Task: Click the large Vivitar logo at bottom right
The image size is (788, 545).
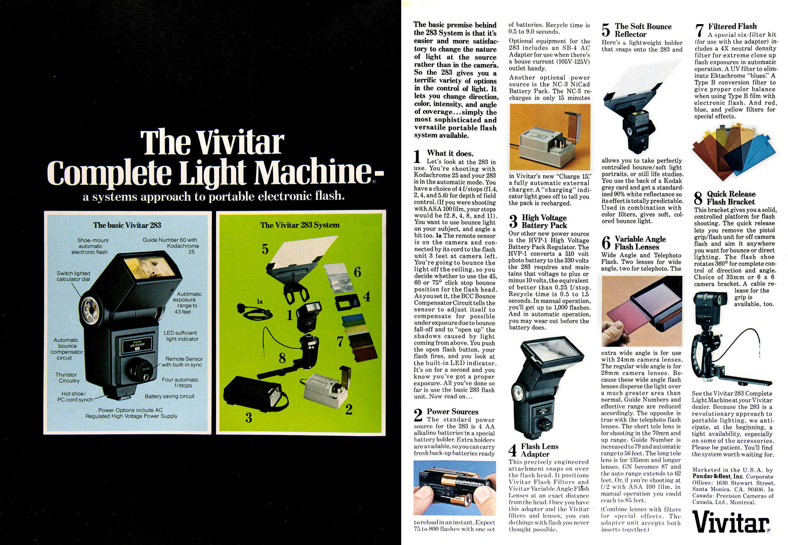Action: [731, 522]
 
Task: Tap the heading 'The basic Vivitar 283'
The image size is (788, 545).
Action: [127, 225]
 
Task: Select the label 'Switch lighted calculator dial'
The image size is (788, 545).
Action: [73, 276]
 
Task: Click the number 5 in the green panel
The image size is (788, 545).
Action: [265, 249]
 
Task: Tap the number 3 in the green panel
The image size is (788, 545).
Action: [249, 418]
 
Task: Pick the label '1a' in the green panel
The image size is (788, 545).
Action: [260, 302]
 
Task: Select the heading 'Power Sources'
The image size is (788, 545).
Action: [453, 412]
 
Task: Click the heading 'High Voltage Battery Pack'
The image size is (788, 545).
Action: [544, 221]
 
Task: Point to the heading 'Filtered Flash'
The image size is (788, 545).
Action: [732, 26]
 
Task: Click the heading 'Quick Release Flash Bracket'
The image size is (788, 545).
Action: [731, 198]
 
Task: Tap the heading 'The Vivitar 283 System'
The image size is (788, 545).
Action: [300, 225]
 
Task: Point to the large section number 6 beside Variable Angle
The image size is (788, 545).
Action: [606, 242]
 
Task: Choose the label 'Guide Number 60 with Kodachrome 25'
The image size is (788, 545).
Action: [171, 246]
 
